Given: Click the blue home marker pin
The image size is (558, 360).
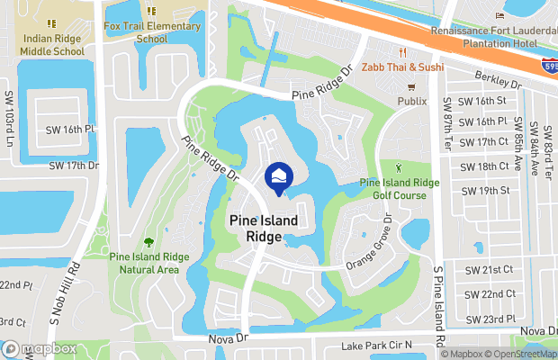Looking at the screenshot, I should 278,176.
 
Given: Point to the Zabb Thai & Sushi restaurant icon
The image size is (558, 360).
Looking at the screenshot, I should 404,51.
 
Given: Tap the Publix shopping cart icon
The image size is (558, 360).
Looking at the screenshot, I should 411,87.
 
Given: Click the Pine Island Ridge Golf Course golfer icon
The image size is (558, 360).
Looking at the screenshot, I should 400,167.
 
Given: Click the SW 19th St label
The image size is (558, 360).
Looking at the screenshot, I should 485,191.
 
